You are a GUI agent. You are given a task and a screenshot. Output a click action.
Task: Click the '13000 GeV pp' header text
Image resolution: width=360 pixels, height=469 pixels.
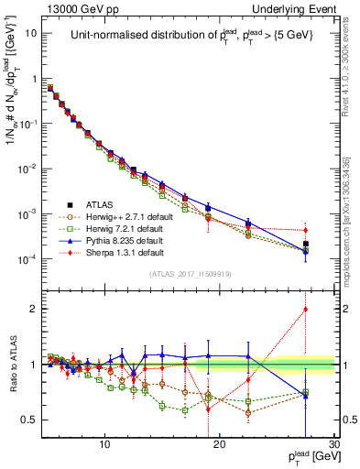pos(84,8)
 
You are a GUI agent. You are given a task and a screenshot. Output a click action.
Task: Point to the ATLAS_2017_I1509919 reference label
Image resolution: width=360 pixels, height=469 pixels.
pos(191,273)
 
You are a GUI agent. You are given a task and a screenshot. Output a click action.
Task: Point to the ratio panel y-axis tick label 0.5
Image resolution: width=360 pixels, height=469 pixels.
pos(32,420)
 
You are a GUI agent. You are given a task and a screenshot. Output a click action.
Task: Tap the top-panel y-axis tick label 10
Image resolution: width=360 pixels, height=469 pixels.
pos(31,33)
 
